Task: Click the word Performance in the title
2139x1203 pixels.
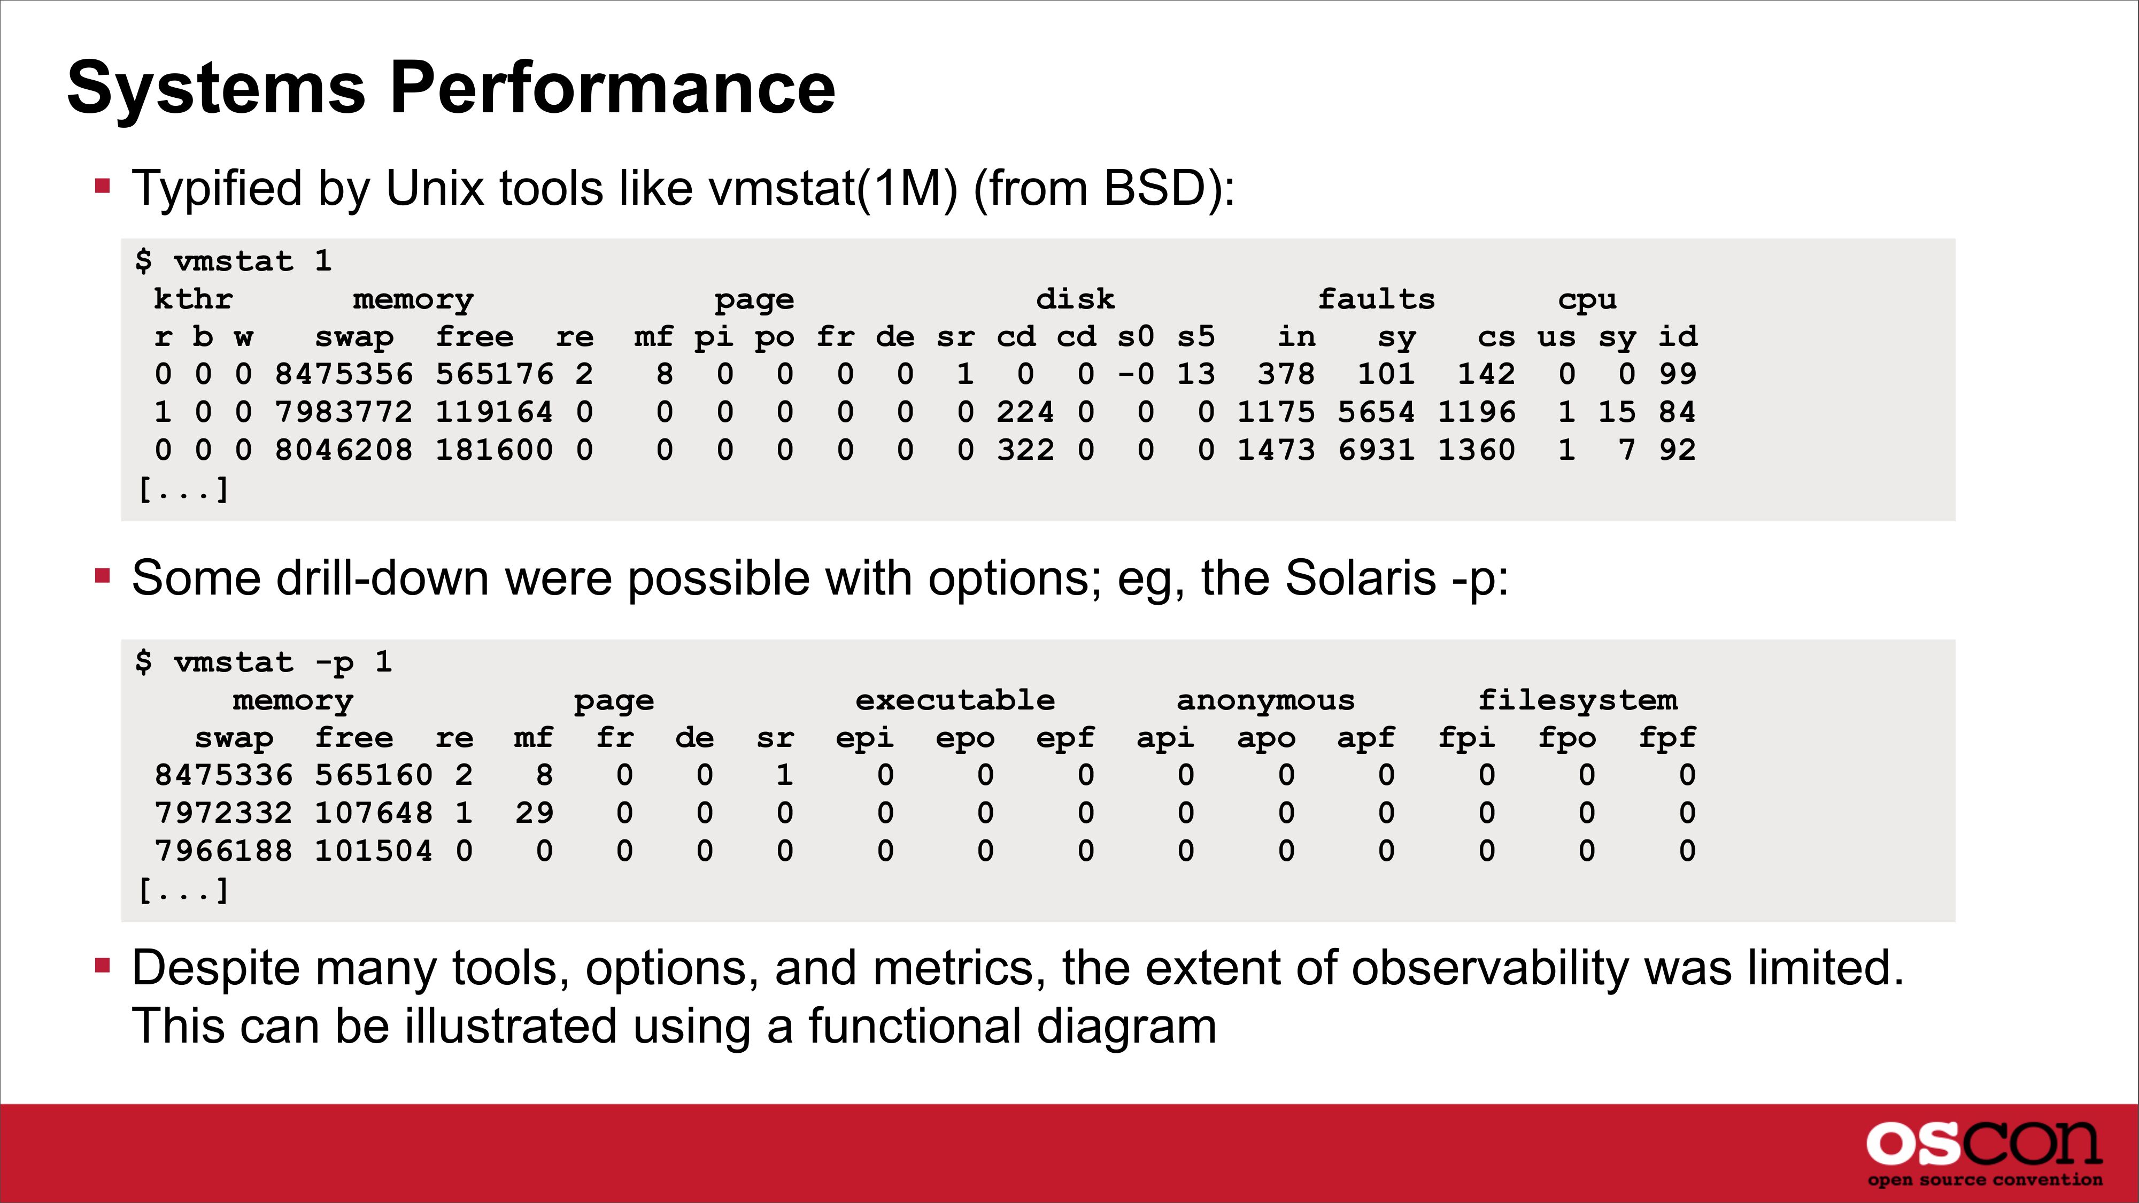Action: tap(612, 89)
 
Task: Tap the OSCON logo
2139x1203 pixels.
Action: tap(1984, 1153)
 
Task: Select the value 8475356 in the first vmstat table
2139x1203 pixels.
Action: tap(344, 374)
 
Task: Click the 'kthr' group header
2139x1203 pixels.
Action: tap(194, 299)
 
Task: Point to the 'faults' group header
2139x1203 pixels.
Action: tap(1376, 299)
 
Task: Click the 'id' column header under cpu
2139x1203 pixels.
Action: tap(1677, 336)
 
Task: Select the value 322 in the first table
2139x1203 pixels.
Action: tap(1025, 451)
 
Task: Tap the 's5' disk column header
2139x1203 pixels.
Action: tap(1196, 336)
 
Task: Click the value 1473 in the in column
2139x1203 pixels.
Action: tap(1276, 451)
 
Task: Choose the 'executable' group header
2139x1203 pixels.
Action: tap(955, 700)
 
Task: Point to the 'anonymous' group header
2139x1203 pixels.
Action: tap(1265, 700)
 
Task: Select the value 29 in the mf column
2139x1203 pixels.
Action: tap(534, 813)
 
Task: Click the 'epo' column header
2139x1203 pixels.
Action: tap(965, 738)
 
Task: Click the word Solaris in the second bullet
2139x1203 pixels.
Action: tap(1361, 578)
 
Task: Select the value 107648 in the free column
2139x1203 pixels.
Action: tap(374, 813)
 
